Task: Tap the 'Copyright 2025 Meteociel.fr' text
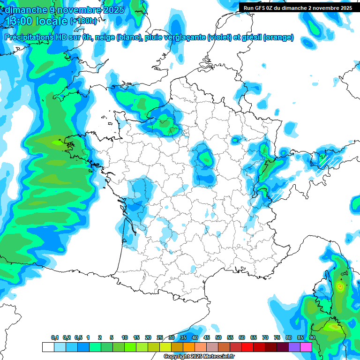(199, 357)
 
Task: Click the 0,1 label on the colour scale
(55, 337)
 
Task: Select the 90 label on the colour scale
(312, 337)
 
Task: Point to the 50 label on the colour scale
(218, 337)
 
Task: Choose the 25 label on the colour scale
(160, 337)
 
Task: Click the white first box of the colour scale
(48, 347)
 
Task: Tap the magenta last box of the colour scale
(306, 347)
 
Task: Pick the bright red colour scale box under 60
(236, 347)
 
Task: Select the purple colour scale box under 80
(283, 347)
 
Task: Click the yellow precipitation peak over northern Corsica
(340, 285)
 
